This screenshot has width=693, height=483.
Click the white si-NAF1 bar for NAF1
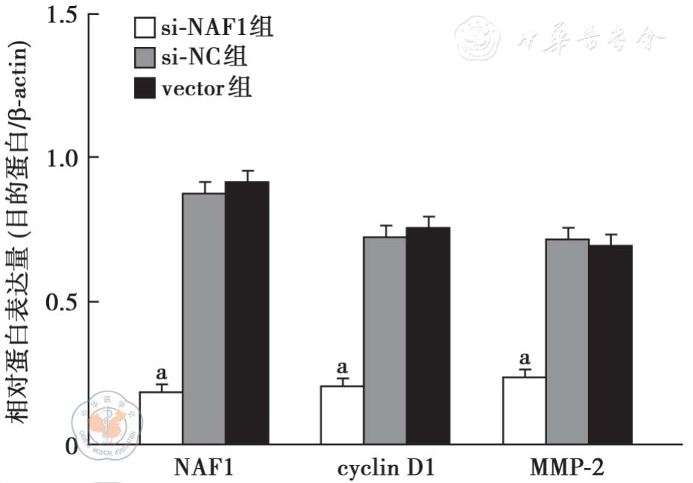coord(161,418)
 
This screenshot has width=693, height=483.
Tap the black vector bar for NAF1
coord(247,313)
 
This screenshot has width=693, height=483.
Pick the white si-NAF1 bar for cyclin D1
coord(342,415)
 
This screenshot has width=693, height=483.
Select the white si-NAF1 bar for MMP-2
coord(524,411)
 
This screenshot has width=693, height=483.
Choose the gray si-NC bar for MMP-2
coord(567,342)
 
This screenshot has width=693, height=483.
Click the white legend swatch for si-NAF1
coord(144,29)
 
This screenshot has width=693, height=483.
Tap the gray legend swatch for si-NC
coord(144,58)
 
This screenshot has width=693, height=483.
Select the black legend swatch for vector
coord(144,88)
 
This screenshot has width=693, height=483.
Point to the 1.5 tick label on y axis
coord(62,14)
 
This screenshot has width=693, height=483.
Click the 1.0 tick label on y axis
coord(62,158)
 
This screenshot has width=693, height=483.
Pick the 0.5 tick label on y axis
coord(62,301)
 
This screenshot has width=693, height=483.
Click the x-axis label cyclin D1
coord(385,467)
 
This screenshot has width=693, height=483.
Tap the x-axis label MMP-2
coord(567,467)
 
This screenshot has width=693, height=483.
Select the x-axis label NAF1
coord(204,467)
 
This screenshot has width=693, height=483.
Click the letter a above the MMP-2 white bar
coord(524,358)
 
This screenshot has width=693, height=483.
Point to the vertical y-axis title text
coord(20,231)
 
